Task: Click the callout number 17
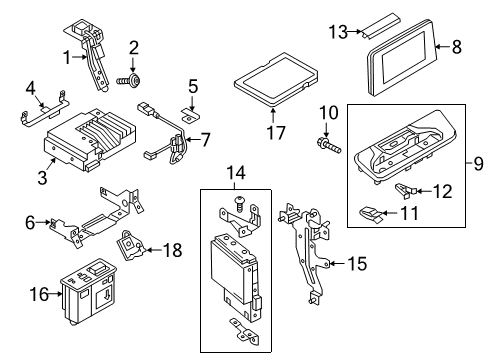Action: coord(276,133)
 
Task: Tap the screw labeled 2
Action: coord(129,80)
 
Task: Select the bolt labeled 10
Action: coord(328,146)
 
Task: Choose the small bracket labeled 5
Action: coord(191,115)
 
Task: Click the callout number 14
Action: coord(236,173)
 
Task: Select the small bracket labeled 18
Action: coord(130,246)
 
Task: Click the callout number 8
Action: coord(457,47)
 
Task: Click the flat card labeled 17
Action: coord(276,79)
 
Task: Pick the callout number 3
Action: coord(42,178)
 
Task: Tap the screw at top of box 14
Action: coord(239,204)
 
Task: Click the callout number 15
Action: coord(357,264)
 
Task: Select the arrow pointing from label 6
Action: coord(43,222)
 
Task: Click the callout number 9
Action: coord(478,164)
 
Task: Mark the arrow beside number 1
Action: coord(80,57)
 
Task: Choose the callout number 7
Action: coord(205,139)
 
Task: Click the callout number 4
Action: coord(30,89)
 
